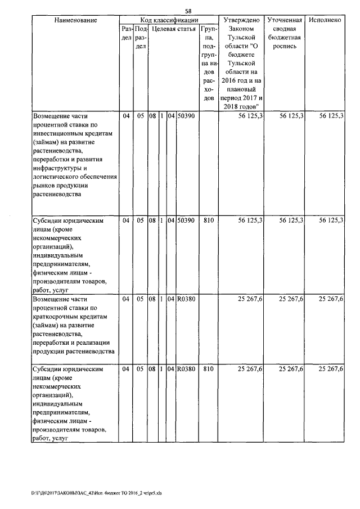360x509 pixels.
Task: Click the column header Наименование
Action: pyautogui.click(x=75, y=20)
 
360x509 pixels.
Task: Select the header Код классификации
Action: pyautogui.click(x=168, y=20)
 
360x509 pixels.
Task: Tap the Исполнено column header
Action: pyautogui.click(x=325, y=20)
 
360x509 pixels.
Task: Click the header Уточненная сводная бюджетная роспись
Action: pyautogui.click(x=285, y=33)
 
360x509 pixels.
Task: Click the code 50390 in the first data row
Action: pyautogui.click(x=186, y=116)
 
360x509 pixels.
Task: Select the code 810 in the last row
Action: pyautogui.click(x=208, y=370)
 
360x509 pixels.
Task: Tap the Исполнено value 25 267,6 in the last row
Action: pyautogui.click(x=331, y=370)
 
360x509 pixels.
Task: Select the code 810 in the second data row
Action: pyautogui.click(x=208, y=221)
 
